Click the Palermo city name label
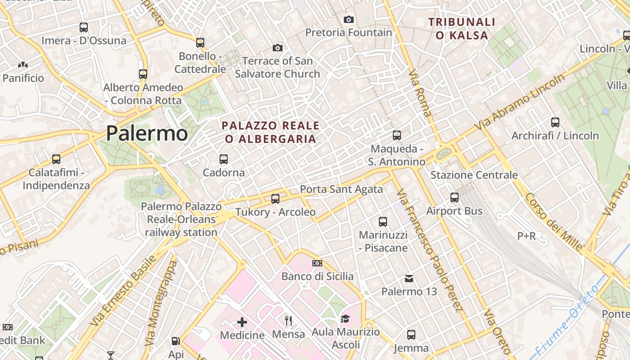click(147, 133)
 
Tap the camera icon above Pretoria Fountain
click(348, 19)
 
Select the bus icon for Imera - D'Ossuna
click(84, 27)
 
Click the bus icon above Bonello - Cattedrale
click(200, 43)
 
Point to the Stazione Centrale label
click(474, 175)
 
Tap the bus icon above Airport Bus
click(454, 197)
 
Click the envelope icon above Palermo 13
click(409, 278)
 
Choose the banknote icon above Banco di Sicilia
click(317, 263)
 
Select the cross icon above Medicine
click(242, 322)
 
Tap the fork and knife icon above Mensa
click(288, 321)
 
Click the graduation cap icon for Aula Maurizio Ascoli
click(345, 319)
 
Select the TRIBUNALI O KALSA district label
click(462, 28)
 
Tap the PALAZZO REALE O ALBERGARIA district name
click(270, 132)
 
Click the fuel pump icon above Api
click(176, 341)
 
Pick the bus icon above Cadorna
click(224, 159)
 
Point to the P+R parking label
click(526, 236)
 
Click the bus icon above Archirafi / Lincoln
click(555, 122)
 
